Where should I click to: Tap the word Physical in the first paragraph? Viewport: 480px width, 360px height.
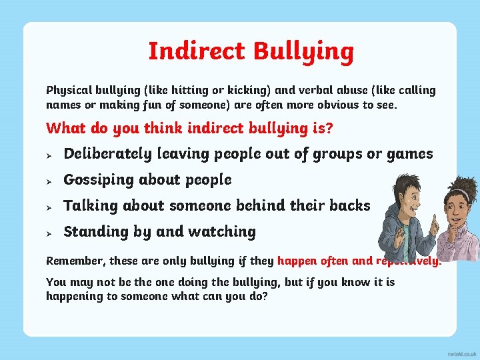[x=69, y=90]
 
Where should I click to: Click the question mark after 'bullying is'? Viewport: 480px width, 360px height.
[x=329, y=127]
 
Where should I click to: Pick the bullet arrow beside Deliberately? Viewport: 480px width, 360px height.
[x=49, y=155]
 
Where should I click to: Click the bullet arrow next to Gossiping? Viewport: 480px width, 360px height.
[x=49, y=181]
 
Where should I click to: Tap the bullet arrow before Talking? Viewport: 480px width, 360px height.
[x=49, y=207]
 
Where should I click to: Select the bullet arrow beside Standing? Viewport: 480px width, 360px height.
[x=49, y=233]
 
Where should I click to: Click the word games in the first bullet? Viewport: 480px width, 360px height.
[x=409, y=154]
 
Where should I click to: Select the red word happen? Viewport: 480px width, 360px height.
[x=297, y=261]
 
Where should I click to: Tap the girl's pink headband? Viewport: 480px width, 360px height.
[x=459, y=192]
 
